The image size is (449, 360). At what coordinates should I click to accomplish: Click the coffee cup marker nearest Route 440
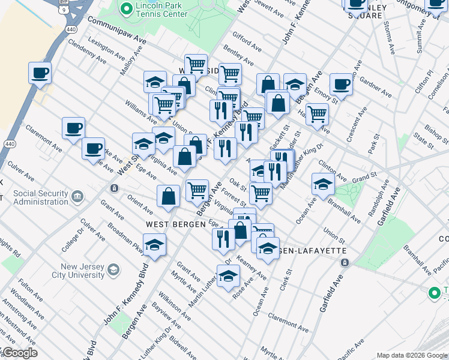click(40, 74)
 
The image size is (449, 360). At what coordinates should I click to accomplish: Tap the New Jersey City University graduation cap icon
click(113, 271)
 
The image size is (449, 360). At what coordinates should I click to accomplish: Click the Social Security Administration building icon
click(77, 197)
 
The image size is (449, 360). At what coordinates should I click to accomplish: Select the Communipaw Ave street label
click(117, 29)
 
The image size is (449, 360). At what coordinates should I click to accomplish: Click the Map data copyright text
click(412, 355)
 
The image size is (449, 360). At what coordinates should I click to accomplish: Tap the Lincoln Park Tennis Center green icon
click(127, 9)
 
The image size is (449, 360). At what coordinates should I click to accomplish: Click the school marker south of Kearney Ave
click(228, 277)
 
